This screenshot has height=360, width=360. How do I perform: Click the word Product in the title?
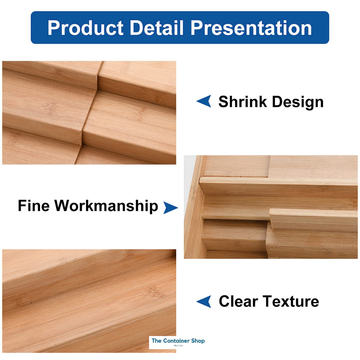click(85, 28)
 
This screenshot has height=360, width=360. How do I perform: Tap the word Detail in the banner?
click(156, 28)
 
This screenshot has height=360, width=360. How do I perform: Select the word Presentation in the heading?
click(251, 28)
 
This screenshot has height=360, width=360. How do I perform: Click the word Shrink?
click(243, 102)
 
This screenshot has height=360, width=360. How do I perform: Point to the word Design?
click(298, 102)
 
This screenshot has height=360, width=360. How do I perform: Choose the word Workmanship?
click(106, 206)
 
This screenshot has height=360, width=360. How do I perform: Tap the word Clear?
click(238, 301)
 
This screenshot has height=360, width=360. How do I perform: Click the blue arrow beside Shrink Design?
click(205, 101)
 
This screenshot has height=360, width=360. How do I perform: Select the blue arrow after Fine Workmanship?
click(170, 207)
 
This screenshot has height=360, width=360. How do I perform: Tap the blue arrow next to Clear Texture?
click(205, 301)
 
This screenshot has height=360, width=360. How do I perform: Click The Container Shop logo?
click(178, 342)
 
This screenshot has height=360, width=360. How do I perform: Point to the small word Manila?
click(178, 346)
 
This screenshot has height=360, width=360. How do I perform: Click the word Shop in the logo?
click(198, 341)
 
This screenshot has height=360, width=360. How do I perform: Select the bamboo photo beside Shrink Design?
click(89, 112)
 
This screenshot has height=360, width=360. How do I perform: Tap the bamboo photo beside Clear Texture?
click(89, 301)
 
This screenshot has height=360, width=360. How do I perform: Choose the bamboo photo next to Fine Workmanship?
click(271, 207)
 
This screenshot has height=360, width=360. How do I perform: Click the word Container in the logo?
click(176, 341)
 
